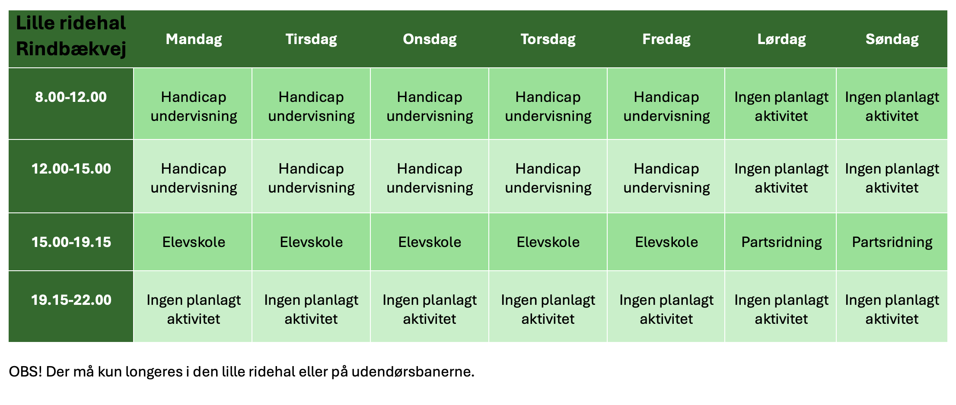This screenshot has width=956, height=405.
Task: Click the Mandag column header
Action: [x=194, y=39]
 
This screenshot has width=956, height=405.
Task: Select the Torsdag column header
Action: [x=548, y=39]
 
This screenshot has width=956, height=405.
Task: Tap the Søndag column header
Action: [x=892, y=39]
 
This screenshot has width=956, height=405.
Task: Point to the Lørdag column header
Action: [x=781, y=39]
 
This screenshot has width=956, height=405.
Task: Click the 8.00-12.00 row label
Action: [x=71, y=97]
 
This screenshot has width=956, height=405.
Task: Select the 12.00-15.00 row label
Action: [x=71, y=169]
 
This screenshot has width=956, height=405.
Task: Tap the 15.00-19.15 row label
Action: [x=71, y=242]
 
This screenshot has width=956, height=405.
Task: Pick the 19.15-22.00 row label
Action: [x=71, y=300]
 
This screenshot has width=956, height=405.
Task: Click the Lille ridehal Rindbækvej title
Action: [x=71, y=36]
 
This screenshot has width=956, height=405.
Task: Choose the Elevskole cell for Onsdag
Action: [x=430, y=242]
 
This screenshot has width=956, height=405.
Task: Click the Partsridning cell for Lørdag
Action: [x=781, y=242]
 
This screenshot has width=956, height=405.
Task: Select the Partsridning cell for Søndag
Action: [x=892, y=242]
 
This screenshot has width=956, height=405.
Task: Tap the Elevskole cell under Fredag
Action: [x=666, y=242]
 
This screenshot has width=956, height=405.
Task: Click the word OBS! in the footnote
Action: [x=25, y=372]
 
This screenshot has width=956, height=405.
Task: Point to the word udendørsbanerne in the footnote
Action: [x=413, y=372]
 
